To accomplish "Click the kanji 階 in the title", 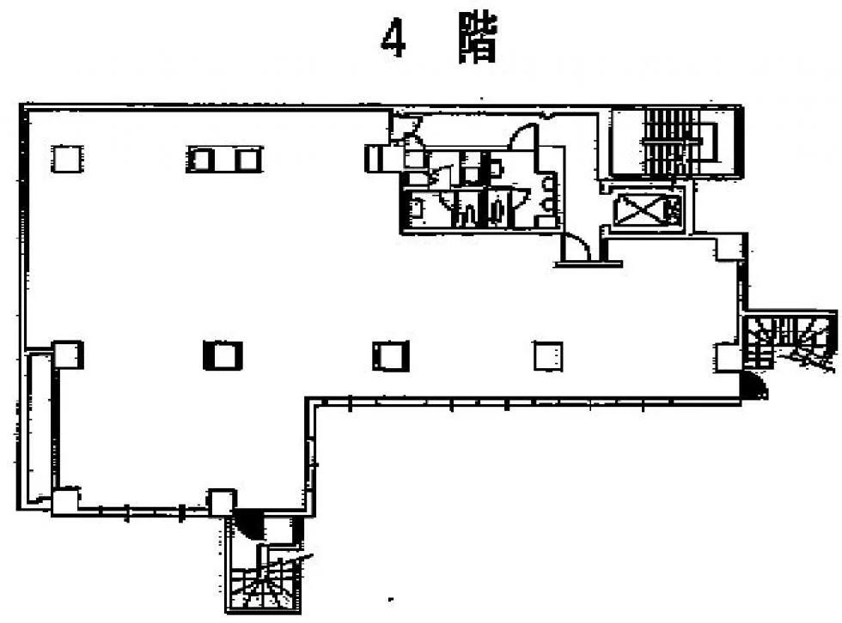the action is tap(478, 39).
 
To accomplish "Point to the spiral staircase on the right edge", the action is tap(790, 341).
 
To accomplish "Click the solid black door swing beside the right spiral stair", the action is tap(753, 386).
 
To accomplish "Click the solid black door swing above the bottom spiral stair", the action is tap(249, 523).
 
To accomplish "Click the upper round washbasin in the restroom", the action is tap(548, 184).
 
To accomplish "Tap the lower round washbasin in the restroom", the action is tap(548, 205).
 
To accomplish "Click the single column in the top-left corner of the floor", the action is tap(67, 159).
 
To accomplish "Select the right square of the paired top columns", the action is tap(247, 160).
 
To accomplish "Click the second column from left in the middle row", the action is tap(223, 355).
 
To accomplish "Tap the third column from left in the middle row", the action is tap(390, 356).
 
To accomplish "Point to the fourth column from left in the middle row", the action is tap(548, 356).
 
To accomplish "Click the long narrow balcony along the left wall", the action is tap(40, 427).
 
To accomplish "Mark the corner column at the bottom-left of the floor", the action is tap(65, 502).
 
